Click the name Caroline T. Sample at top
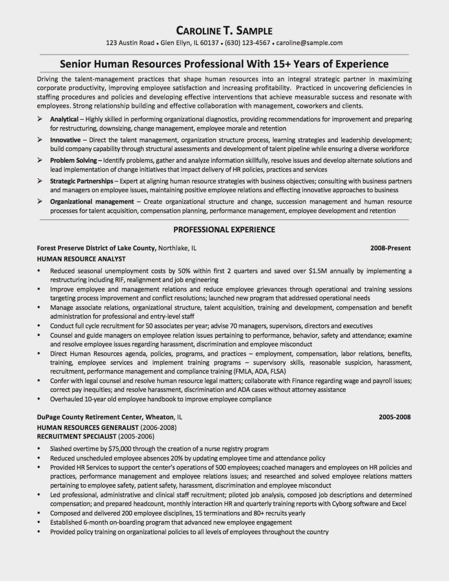(x=224, y=31)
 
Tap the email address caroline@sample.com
(x=309, y=43)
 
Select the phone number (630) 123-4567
(x=247, y=43)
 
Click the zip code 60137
(x=210, y=43)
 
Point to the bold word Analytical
(x=64, y=119)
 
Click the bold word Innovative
(x=65, y=140)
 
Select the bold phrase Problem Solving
(x=73, y=160)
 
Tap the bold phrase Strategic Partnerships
(x=82, y=181)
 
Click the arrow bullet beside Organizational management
(x=40, y=202)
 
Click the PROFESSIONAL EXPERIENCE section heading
(x=224, y=229)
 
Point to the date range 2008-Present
(x=391, y=248)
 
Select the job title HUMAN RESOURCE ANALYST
(x=81, y=259)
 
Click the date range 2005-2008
(x=395, y=417)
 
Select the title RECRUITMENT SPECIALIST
(x=77, y=436)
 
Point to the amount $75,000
(x=120, y=449)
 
